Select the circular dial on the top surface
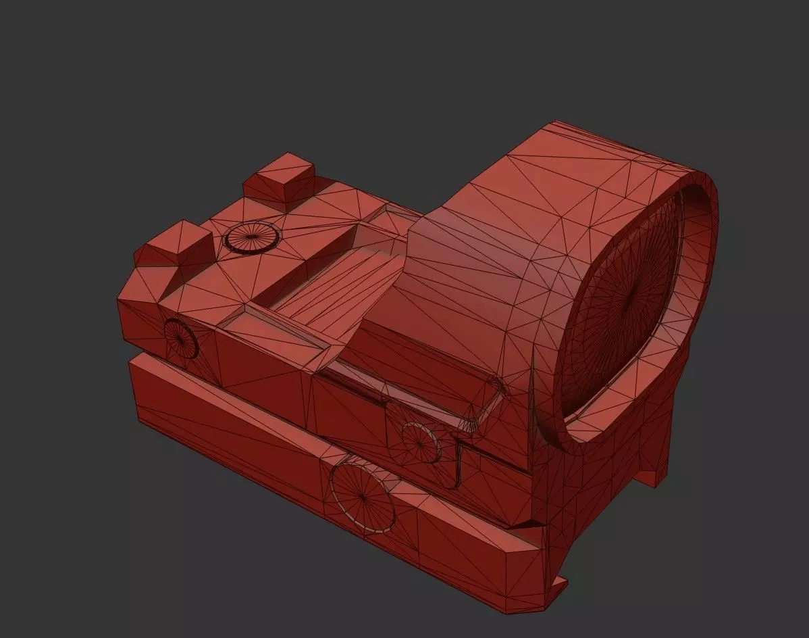pos(251,237)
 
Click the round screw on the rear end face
pos(180,337)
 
